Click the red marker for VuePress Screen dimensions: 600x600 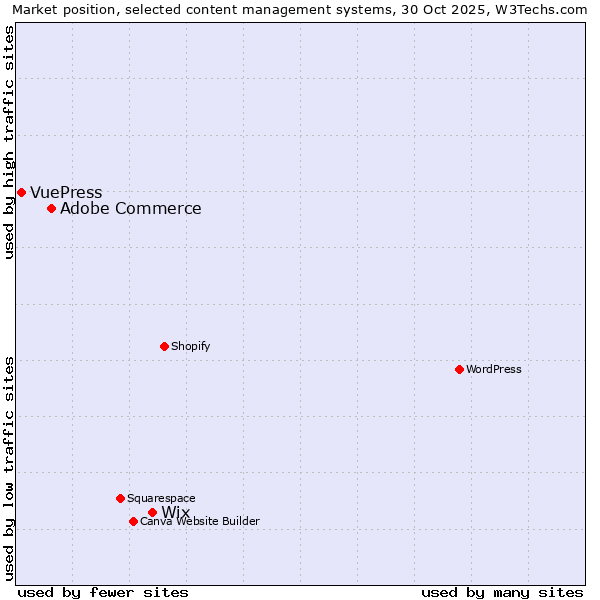(21, 192)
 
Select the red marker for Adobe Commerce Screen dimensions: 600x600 (51, 208)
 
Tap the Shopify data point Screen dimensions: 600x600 (164, 346)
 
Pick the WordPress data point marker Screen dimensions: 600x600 (459, 369)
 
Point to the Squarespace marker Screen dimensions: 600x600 (120, 498)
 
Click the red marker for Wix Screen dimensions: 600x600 (152, 512)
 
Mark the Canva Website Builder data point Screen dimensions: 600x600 (133, 521)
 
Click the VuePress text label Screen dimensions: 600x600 (66, 193)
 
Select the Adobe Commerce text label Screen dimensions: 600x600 (130, 209)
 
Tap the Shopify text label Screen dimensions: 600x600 (190, 346)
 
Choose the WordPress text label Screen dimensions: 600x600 (494, 369)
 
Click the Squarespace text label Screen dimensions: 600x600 (161, 498)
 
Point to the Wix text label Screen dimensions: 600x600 (175, 513)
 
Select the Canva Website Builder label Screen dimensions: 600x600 (200, 521)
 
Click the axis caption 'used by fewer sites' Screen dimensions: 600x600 (103, 592)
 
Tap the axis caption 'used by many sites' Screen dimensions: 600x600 (502, 592)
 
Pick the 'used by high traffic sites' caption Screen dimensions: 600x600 (9, 142)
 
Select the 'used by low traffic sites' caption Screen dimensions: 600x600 (9, 467)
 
